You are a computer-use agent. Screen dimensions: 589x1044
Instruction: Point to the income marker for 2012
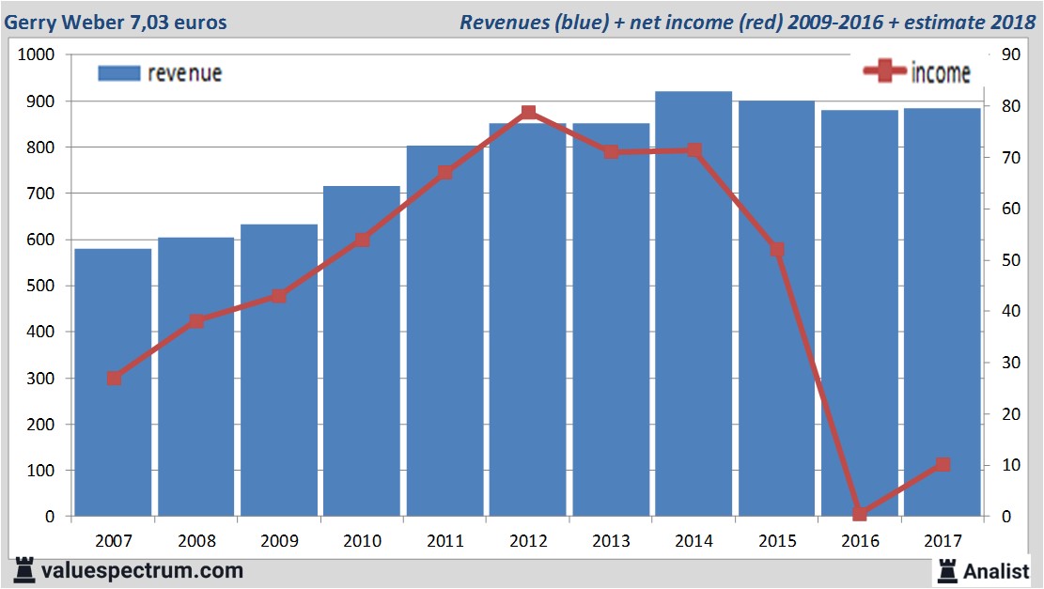click(x=528, y=113)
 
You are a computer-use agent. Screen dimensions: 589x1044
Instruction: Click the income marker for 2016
click(x=860, y=513)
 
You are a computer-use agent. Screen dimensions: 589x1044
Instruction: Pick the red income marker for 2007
click(x=114, y=379)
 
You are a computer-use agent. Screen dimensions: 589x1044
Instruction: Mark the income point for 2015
click(x=777, y=250)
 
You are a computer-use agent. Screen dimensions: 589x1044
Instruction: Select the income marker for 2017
click(x=943, y=465)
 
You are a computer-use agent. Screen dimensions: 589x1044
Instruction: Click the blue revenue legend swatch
click(x=118, y=73)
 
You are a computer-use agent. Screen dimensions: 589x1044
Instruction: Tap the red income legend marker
click(x=885, y=71)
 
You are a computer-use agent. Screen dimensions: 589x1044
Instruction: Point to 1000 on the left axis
click(x=37, y=55)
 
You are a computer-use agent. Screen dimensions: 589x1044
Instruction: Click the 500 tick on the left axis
click(x=41, y=286)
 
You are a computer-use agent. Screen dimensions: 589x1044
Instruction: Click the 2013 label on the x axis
click(x=611, y=541)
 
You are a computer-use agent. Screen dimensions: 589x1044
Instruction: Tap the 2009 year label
click(x=279, y=541)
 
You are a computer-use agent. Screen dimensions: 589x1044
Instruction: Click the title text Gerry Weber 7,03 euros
click(x=117, y=22)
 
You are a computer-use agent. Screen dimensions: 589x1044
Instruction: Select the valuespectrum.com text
click(x=142, y=570)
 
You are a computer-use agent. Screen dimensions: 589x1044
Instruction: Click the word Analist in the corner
click(x=996, y=570)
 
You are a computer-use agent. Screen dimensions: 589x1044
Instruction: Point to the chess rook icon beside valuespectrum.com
click(x=24, y=570)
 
